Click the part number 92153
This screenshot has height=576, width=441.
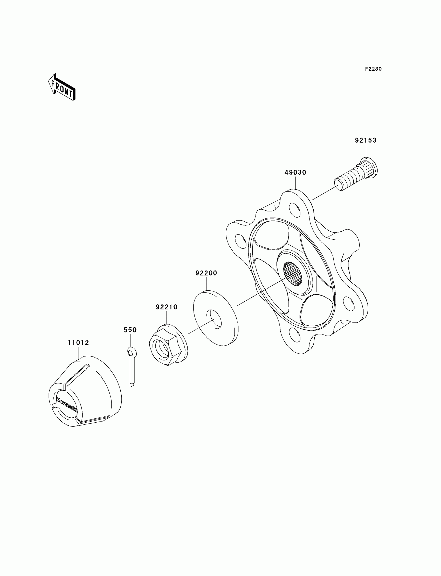click(x=366, y=140)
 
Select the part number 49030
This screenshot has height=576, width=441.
click(x=295, y=173)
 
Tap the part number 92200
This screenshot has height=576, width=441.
click(x=206, y=273)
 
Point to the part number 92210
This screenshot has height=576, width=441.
click(x=167, y=307)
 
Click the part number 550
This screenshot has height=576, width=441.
click(x=130, y=330)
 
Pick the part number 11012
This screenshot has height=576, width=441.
click(x=78, y=343)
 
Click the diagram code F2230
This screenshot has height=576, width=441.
click(x=373, y=69)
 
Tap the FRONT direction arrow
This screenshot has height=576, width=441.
click(x=62, y=87)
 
